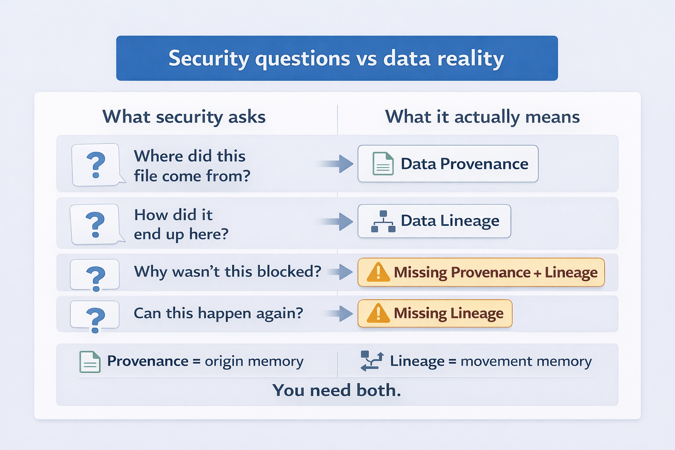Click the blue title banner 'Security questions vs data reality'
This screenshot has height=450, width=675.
click(337, 58)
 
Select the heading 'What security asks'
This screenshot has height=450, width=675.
click(184, 117)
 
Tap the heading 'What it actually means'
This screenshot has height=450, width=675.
click(482, 117)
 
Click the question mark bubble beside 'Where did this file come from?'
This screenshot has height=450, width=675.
click(96, 165)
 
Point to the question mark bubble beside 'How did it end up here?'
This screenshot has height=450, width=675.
click(95, 224)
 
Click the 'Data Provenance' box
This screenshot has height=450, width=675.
click(447, 163)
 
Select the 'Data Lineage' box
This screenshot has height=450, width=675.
click(434, 221)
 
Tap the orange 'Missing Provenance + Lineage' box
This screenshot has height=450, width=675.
click(481, 272)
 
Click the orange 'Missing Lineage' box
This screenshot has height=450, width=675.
click(435, 313)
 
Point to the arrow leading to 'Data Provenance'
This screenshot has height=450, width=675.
click(337, 164)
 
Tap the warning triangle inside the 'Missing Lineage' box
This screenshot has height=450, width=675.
click(378, 313)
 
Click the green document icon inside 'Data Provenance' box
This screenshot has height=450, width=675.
click(383, 164)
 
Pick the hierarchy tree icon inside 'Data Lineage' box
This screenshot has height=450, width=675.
click(383, 221)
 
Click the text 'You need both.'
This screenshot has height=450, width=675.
click(337, 390)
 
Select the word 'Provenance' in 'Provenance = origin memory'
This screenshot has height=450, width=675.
click(148, 361)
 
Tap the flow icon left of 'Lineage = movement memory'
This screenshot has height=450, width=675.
click(372, 361)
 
